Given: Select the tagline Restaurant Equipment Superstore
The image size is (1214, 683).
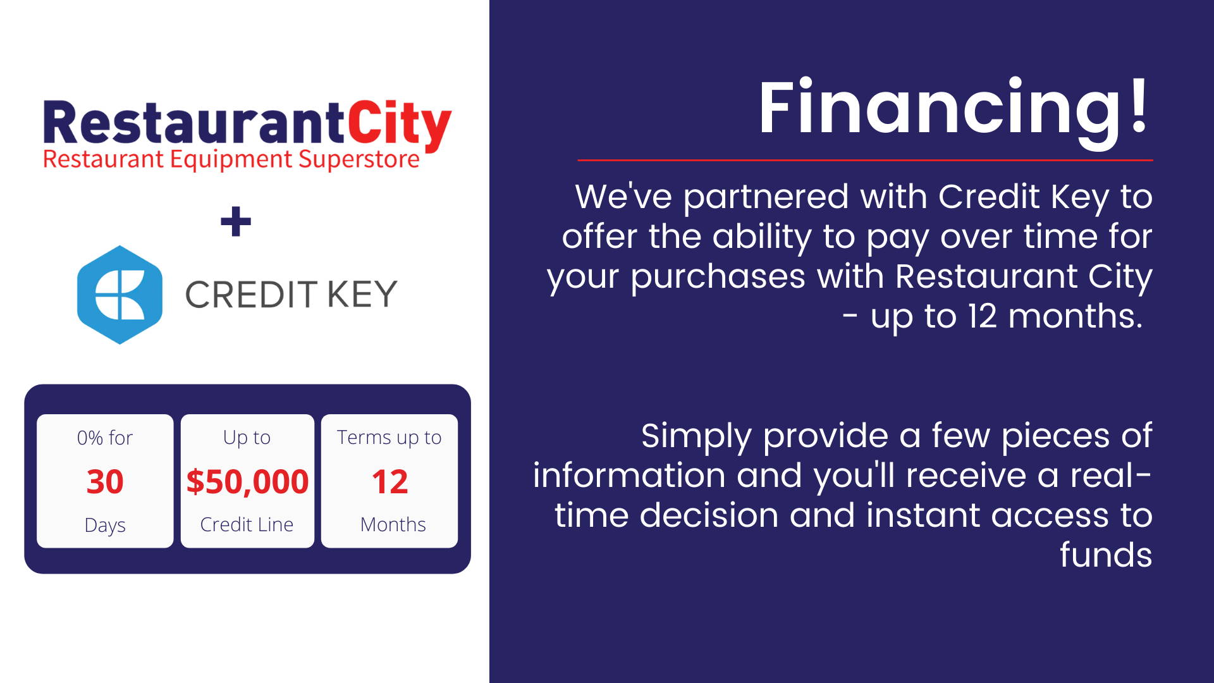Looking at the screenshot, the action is pyautogui.click(x=231, y=159).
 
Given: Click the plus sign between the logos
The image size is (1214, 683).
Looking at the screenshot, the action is pyautogui.click(x=236, y=221).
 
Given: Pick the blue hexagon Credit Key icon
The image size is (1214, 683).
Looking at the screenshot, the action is pyautogui.click(x=120, y=295).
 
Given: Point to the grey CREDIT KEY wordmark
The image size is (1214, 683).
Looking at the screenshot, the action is pyautogui.click(x=291, y=295).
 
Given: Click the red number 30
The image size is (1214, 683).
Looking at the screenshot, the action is pyautogui.click(x=105, y=482).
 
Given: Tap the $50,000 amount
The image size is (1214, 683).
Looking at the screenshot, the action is pyautogui.click(x=247, y=482).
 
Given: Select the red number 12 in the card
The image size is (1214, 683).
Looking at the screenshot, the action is pyautogui.click(x=389, y=482).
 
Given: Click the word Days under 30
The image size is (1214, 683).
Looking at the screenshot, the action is pyautogui.click(x=105, y=525).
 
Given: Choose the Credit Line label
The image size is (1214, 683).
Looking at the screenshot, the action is pyautogui.click(x=247, y=524).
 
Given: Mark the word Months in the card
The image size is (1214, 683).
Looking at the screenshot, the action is pyautogui.click(x=393, y=524).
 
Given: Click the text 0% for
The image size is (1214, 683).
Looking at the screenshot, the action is pyautogui.click(x=105, y=438).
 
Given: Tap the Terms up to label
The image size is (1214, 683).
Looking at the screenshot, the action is pyautogui.click(x=389, y=438).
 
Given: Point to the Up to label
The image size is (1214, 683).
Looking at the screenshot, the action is pyautogui.click(x=247, y=438).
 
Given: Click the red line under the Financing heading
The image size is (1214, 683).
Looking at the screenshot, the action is pyautogui.click(x=865, y=161).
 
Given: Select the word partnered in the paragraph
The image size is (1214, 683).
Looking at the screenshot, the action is pyautogui.click(x=766, y=197).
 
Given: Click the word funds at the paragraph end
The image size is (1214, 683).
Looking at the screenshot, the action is pyautogui.click(x=1106, y=555).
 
